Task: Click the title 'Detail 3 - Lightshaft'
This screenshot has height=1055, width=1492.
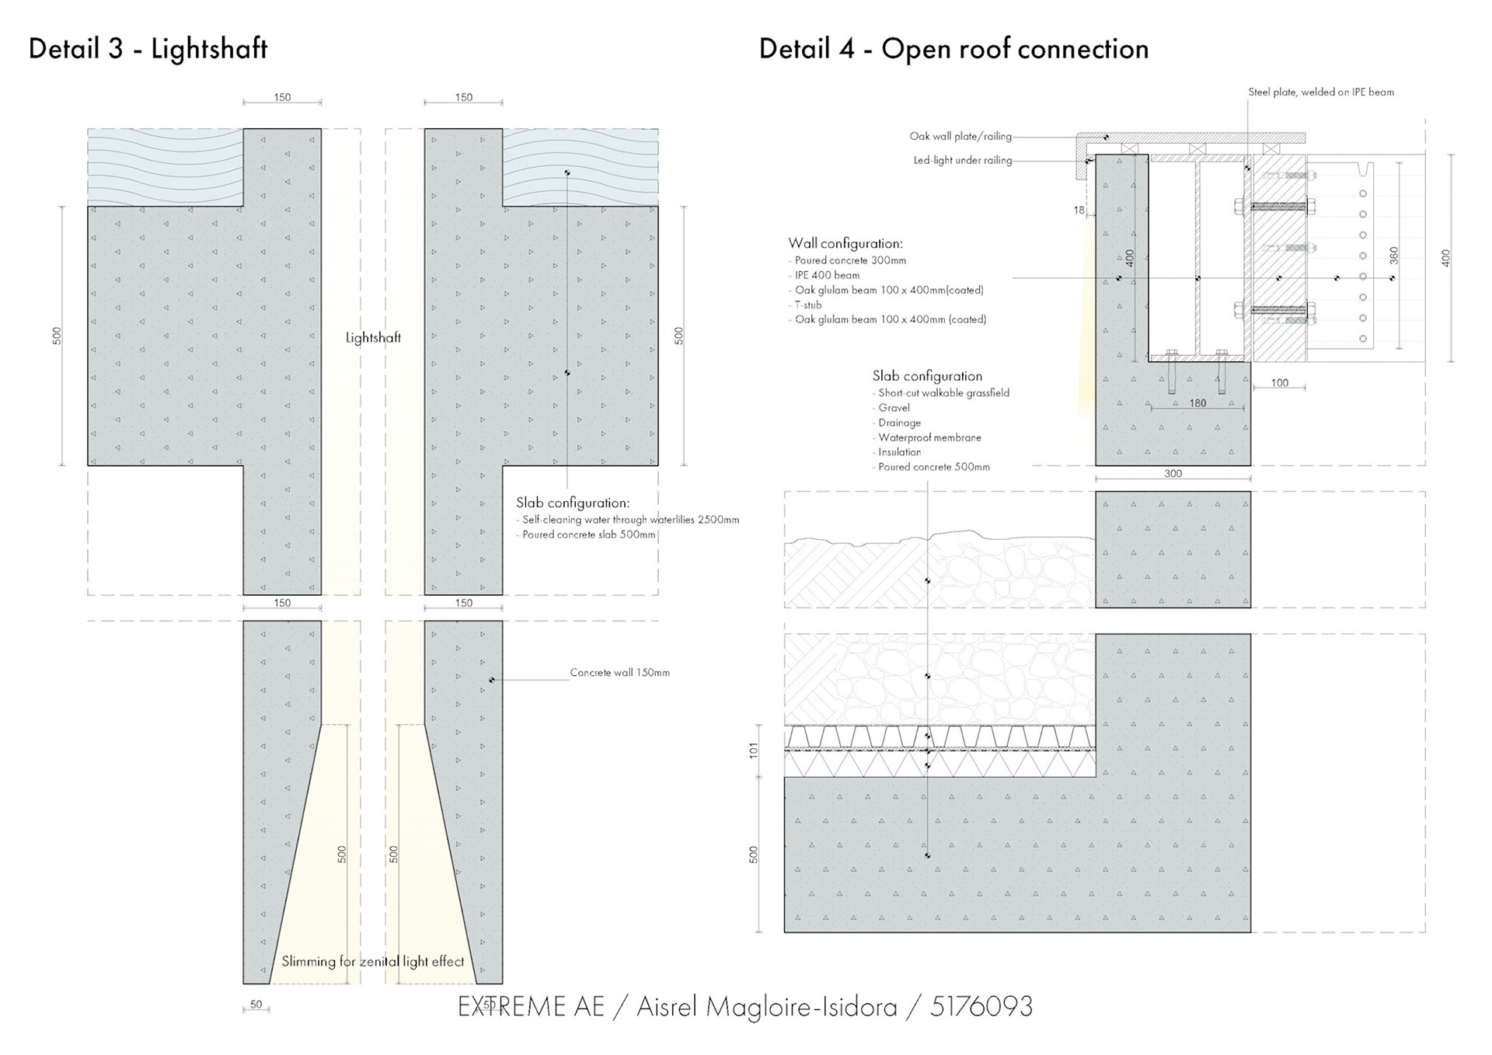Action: (x=148, y=49)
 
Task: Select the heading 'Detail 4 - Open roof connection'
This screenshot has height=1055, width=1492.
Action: (x=953, y=49)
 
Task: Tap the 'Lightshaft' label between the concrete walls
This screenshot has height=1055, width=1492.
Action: (x=373, y=338)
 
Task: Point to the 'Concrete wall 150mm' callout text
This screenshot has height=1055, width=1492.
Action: (x=619, y=673)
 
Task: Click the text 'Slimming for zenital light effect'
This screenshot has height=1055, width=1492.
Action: (x=372, y=962)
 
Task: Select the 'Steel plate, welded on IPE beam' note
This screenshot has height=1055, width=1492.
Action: (x=1321, y=92)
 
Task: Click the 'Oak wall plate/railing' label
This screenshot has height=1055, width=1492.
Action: (x=960, y=137)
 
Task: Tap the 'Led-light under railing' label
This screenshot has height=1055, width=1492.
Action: (x=962, y=161)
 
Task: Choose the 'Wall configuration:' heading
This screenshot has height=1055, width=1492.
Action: (x=845, y=244)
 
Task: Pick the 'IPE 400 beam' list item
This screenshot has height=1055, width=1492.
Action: (x=827, y=275)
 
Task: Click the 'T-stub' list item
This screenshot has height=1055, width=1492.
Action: (x=808, y=305)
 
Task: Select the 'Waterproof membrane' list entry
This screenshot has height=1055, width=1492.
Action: (x=929, y=437)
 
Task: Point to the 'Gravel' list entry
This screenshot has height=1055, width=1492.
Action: (x=894, y=408)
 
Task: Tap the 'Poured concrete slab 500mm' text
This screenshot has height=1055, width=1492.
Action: (x=589, y=534)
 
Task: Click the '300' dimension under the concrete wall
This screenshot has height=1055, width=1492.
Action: (x=1173, y=474)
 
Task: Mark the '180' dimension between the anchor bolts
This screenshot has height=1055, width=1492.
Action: (x=1197, y=403)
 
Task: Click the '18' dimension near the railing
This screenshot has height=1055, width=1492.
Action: (x=1079, y=211)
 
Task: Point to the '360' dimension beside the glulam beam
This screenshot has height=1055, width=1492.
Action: (x=1393, y=255)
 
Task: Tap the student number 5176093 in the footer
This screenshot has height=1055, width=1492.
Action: (x=981, y=1007)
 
